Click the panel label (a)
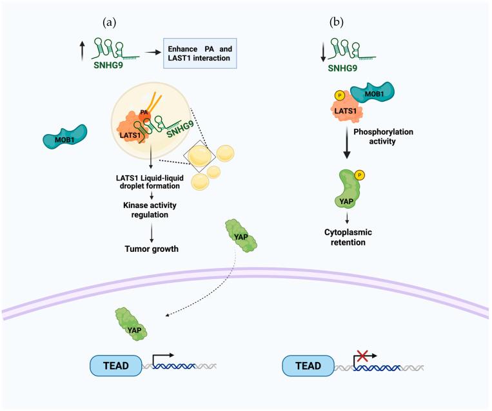pos(109,22)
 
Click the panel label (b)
pos(336,22)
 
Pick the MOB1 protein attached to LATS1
pos(368,100)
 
